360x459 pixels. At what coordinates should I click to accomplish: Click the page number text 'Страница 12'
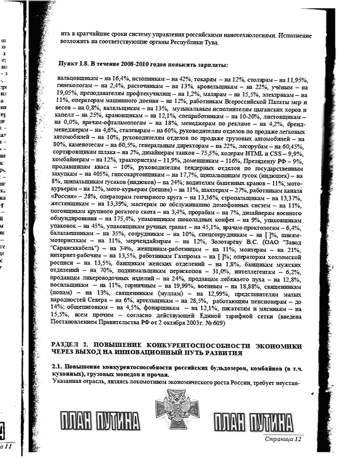pos(282,439)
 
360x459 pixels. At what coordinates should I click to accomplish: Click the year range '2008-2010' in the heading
pos(136,65)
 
